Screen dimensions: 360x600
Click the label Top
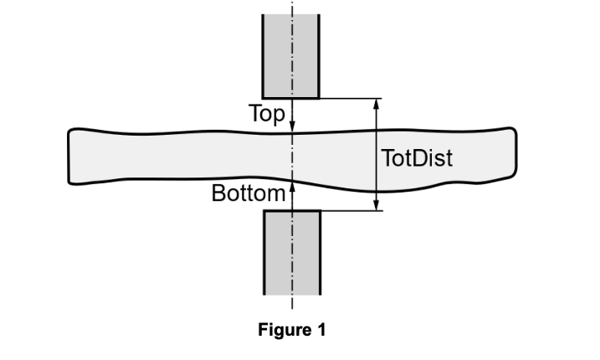tap(268, 113)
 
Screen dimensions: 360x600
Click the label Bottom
tap(249, 194)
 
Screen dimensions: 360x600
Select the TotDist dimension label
tap(417, 157)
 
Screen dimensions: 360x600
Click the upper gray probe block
tap(291, 54)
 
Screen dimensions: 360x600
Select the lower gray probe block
tap(292, 251)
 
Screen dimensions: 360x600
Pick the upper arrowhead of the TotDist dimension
tap(377, 104)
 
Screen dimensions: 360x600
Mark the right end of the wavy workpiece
tap(513, 155)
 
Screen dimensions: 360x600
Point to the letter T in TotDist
tap(387, 157)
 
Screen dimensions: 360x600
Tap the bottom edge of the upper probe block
tap(291, 98)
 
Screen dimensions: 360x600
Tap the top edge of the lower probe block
tap(292, 210)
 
